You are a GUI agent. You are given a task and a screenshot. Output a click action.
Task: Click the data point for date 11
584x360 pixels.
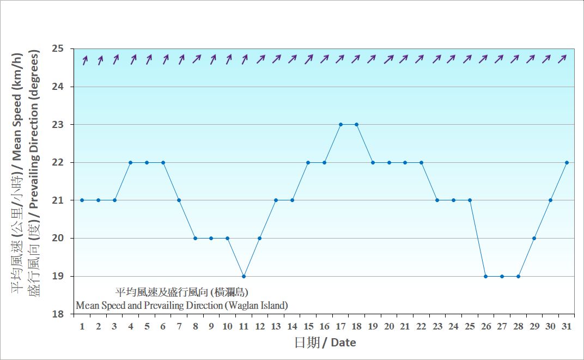tap(244, 276)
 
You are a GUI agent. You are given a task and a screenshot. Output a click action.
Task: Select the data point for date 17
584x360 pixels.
tap(340, 124)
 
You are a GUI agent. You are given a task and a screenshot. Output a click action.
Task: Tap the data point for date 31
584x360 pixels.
tap(567, 162)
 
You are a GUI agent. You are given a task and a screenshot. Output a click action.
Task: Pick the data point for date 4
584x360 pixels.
tap(131, 162)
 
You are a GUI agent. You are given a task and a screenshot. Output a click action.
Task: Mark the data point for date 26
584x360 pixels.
tap(486, 276)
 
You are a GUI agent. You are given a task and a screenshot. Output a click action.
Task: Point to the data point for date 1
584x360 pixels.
tap(82, 200)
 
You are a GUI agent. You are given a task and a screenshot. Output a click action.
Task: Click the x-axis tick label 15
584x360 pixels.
tap(308, 326)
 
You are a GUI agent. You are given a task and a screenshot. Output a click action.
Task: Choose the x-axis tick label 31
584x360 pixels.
tap(567, 326)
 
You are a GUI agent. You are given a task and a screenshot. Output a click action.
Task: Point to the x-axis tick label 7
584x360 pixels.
tap(179, 326)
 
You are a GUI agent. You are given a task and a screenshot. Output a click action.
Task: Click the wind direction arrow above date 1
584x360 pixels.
tap(84, 60)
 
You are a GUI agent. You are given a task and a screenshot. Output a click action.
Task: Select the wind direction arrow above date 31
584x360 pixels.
tap(564, 59)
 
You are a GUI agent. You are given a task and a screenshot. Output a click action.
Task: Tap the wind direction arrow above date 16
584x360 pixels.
tap(325, 59)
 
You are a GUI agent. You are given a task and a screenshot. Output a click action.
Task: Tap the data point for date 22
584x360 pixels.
tap(421, 162)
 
